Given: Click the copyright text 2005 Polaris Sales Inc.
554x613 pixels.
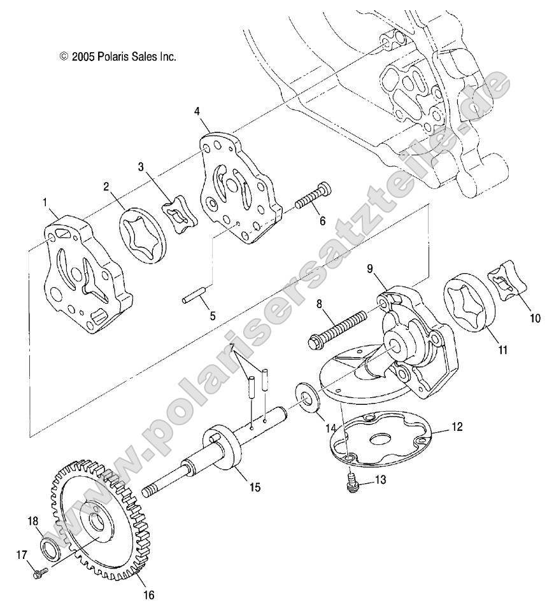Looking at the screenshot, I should [118, 57].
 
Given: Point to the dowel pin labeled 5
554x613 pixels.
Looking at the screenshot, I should [192, 296].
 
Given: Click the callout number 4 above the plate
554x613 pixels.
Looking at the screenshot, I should [197, 111].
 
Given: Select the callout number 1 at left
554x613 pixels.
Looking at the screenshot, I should [45, 202].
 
